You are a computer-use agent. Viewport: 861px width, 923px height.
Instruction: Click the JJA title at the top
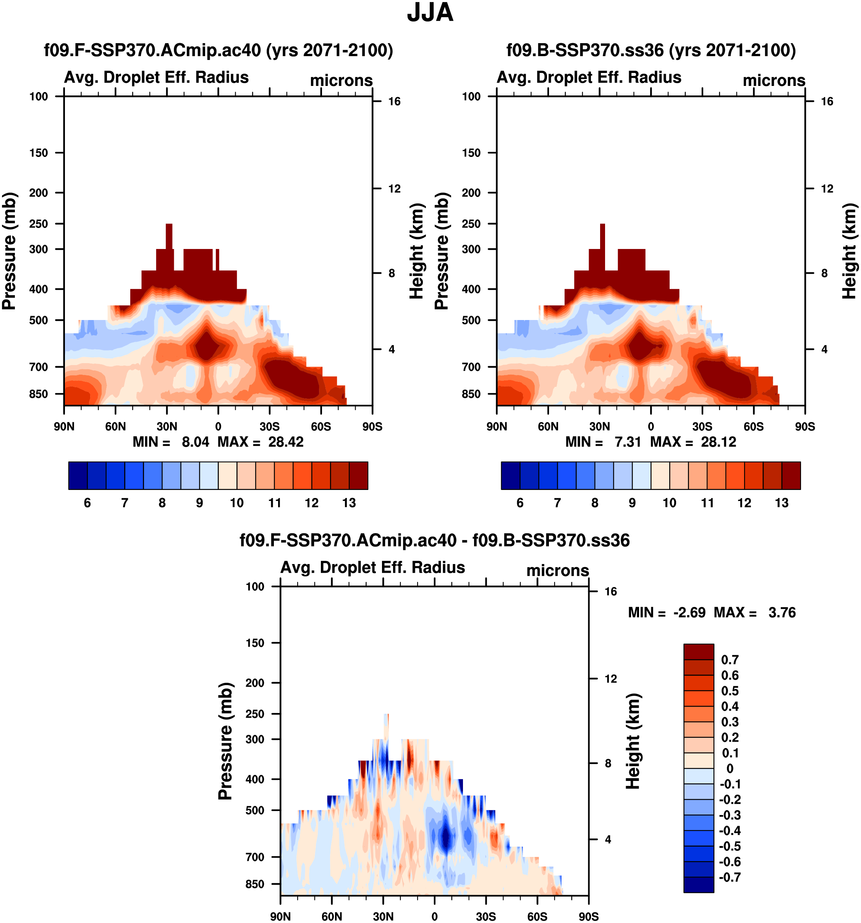click(430, 13)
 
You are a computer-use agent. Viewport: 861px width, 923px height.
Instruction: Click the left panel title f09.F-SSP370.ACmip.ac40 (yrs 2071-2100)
click(218, 50)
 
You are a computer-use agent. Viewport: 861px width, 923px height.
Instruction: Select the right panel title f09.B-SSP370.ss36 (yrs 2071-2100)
click(651, 50)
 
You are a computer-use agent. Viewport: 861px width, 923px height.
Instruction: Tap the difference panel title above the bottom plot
click(434, 540)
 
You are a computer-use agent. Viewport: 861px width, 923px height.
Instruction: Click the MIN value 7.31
click(628, 442)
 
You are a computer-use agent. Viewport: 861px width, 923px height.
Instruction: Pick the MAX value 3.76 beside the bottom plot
click(782, 613)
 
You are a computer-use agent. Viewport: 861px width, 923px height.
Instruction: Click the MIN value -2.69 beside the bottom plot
click(689, 613)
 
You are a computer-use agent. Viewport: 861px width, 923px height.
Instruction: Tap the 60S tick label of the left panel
click(321, 427)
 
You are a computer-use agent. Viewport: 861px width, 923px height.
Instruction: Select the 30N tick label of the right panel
click(600, 427)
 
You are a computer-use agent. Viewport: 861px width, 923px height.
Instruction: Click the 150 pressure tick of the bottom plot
click(255, 643)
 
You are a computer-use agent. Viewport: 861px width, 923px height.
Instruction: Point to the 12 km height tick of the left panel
click(394, 189)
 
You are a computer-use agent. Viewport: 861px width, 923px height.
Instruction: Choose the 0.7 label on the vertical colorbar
click(730, 660)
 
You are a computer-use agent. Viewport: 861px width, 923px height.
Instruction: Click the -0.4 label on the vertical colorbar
click(730, 831)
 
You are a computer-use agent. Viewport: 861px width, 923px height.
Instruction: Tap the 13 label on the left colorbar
click(349, 503)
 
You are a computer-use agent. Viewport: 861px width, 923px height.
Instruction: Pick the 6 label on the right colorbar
click(520, 503)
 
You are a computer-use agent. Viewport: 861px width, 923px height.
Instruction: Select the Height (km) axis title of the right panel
click(850, 251)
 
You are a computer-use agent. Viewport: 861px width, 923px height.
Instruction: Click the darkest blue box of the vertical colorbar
click(698, 884)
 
